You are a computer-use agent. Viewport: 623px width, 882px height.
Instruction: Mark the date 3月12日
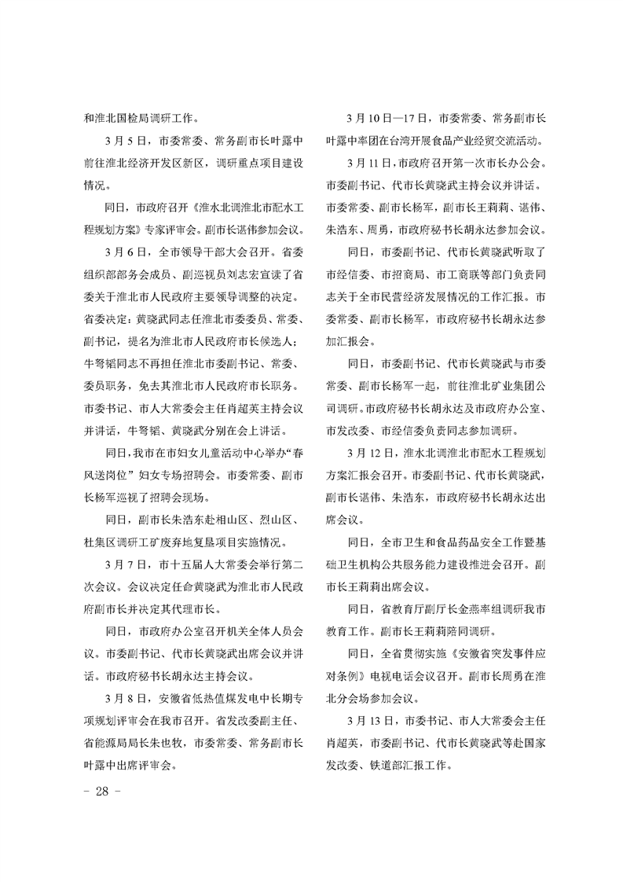coord(370,453)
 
